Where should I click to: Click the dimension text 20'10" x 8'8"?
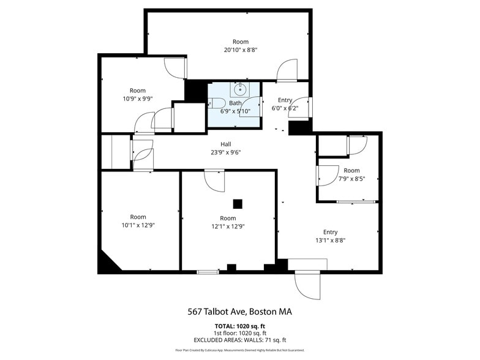coord(240,50)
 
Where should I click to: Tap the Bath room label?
coord(236,103)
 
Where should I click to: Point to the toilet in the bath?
coord(213,103)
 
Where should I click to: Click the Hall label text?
coord(227,144)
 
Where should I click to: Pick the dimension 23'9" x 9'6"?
coord(227,152)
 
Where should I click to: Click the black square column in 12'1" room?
coord(238,204)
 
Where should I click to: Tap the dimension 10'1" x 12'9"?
coord(138,225)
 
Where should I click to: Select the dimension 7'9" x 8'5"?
coord(351,179)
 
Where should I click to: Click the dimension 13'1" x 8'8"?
coord(330,241)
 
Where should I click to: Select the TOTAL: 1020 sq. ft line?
coord(239,325)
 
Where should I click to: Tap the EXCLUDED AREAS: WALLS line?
coord(239,340)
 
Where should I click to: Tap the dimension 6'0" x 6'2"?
coord(285,108)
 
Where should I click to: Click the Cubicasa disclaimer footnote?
coord(239,350)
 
